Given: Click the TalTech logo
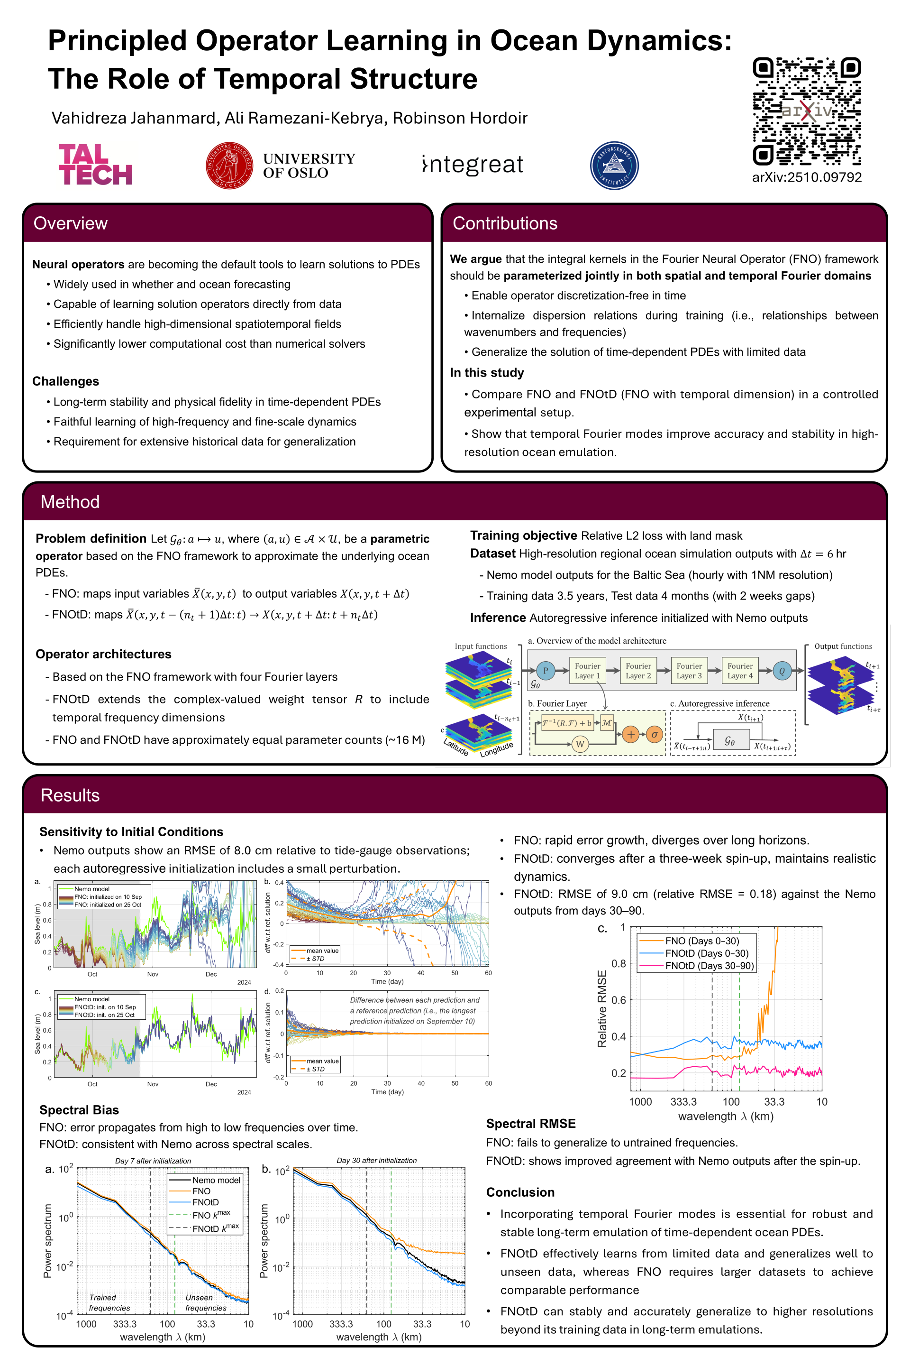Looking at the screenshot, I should [x=95, y=165].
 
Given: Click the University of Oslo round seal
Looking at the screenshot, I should [x=229, y=165].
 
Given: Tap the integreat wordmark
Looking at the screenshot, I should [x=473, y=165].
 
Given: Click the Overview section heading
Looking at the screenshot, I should [x=70, y=223].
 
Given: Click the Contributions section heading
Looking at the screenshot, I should [x=504, y=223].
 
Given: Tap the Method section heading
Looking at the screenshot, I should [x=70, y=502].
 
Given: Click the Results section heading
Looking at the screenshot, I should [x=70, y=795].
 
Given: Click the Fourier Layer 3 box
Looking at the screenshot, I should [x=689, y=671].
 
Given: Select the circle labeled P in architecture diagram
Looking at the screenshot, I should [x=545, y=671].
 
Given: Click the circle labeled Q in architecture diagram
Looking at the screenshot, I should [x=782, y=671].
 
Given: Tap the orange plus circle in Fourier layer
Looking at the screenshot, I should [x=631, y=735].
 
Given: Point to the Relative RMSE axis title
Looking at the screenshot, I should [x=602, y=1009].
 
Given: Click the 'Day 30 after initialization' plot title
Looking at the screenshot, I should [x=377, y=1161].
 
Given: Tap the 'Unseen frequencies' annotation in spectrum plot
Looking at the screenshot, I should [x=205, y=1303].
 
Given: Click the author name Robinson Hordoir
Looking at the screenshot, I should [x=460, y=118].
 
